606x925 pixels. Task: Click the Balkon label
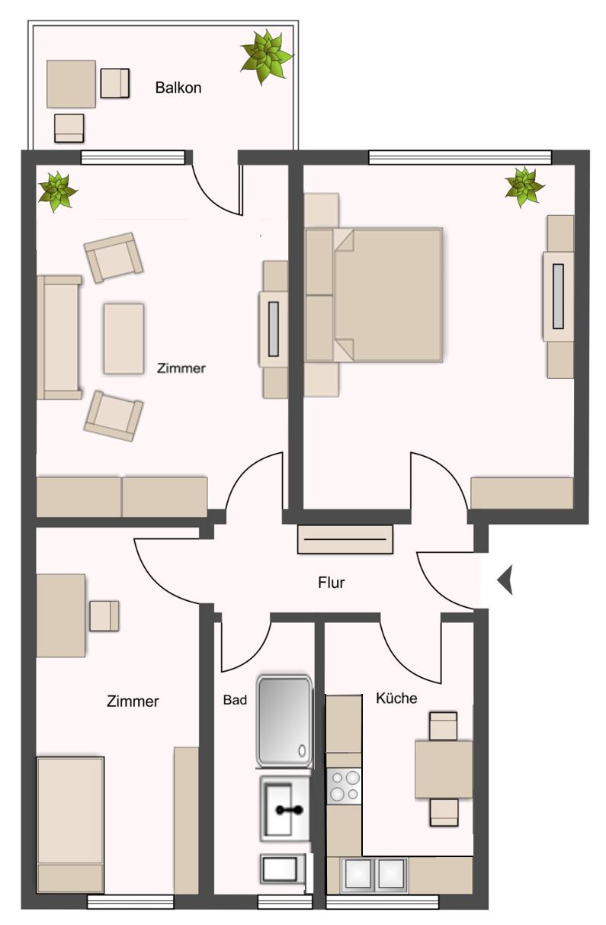pyautogui.click(x=178, y=88)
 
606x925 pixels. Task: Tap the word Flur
pyautogui.click(x=331, y=583)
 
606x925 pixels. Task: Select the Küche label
pyautogui.click(x=396, y=698)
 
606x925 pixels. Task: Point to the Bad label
pyautogui.click(x=235, y=699)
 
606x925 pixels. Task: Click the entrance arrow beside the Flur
pyautogui.click(x=505, y=580)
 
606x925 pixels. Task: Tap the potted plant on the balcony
pyautogui.click(x=267, y=56)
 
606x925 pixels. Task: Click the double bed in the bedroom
pyautogui.click(x=374, y=295)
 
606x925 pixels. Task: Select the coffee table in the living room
pyautogui.click(x=123, y=339)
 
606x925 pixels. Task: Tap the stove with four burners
pyautogui.click(x=345, y=786)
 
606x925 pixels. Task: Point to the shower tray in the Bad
pyautogui.click(x=284, y=721)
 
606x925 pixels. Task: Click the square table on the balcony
pyautogui.click(x=71, y=84)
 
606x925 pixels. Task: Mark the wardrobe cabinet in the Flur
pyautogui.click(x=345, y=539)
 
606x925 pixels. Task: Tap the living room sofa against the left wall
pyautogui.click(x=59, y=337)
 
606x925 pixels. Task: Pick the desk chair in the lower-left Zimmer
pyautogui.click(x=104, y=615)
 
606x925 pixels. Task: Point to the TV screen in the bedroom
pyautogui.click(x=558, y=296)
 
